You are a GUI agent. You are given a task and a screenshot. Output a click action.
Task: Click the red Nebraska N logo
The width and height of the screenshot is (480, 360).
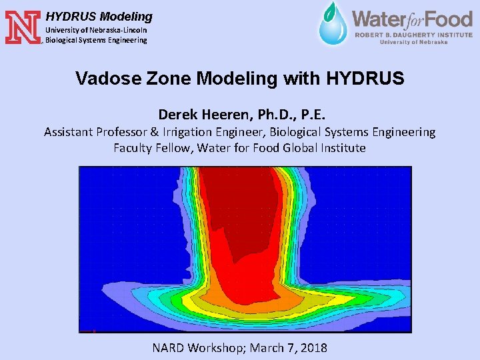[x=22, y=27]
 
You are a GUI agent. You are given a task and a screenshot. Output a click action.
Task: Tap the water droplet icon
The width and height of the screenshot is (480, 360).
[x=331, y=24]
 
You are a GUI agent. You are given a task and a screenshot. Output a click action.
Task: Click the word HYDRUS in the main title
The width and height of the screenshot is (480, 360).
[x=365, y=79]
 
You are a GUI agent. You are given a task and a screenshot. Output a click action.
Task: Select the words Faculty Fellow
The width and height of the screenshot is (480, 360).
[x=153, y=148]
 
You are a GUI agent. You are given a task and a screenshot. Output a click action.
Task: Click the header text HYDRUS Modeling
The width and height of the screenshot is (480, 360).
[x=99, y=17]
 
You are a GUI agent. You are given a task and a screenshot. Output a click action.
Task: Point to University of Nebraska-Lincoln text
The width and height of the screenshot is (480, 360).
[x=96, y=30]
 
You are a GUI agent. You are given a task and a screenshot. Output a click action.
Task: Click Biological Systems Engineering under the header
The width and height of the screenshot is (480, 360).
[x=96, y=40]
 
